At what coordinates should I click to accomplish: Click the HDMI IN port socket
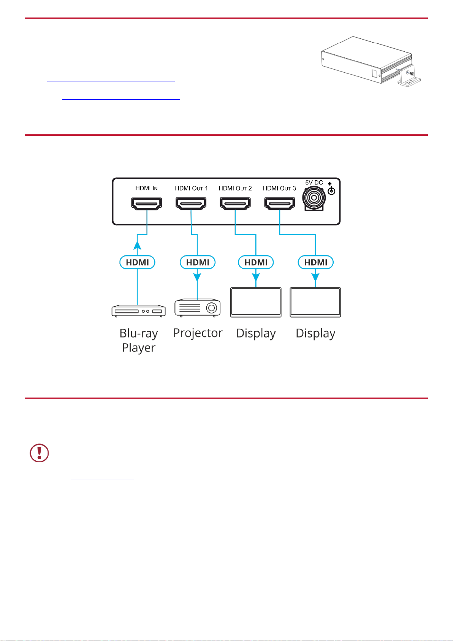[x=146, y=204]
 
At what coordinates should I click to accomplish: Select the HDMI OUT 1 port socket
[x=191, y=204]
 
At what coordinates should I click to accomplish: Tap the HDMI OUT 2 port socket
[x=235, y=204]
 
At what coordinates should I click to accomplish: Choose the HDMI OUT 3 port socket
[x=280, y=204]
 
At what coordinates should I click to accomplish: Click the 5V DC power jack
[x=314, y=198]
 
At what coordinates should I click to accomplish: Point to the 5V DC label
[x=314, y=183]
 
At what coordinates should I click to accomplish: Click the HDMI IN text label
[x=146, y=188]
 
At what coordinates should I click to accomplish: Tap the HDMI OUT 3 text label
[x=279, y=188]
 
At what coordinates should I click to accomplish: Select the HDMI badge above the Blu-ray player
[x=137, y=262]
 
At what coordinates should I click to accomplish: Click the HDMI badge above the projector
[x=198, y=262]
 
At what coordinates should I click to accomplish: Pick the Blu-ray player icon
[x=139, y=311]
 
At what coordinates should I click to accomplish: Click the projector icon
[x=198, y=308]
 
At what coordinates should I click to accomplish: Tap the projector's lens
[x=212, y=308]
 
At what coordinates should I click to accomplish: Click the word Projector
[x=198, y=333]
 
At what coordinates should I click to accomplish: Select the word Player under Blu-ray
[x=139, y=348]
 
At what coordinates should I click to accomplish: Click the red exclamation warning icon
[x=39, y=453]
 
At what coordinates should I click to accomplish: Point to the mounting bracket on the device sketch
[x=409, y=76]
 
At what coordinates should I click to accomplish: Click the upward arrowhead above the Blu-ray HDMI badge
[x=138, y=245]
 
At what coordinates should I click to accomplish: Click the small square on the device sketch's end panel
[x=374, y=73]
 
